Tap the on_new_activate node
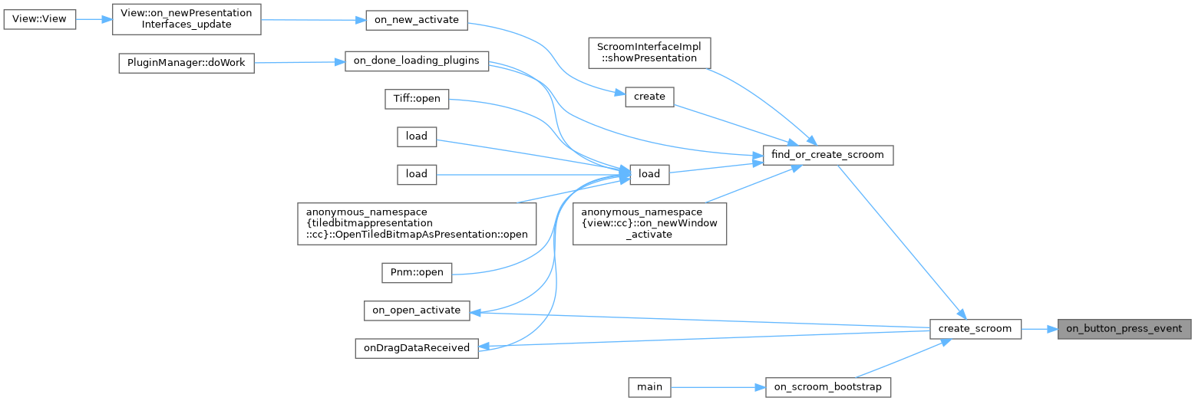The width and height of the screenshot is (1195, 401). pyautogui.click(x=416, y=20)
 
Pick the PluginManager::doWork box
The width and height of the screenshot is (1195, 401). pyautogui.click(x=186, y=63)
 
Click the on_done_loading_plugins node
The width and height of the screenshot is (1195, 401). pyautogui.click(x=417, y=61)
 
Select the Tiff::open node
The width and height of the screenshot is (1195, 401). pyautogui.click(x=417, y=99)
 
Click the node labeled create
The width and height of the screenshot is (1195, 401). pyautogui.click(x=649, y=97)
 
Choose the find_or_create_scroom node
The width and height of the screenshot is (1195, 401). pyautogui.click(x=828, y=155)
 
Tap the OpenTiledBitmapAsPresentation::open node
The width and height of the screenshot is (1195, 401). pyautogui.click(x=417, y=223)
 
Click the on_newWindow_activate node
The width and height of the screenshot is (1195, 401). pyautogui.click(x=649, y=223)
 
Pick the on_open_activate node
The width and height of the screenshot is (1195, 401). pyautogui.click(x=416, y=311)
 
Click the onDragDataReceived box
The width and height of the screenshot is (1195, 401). pyautogui.click(x=416, y=347)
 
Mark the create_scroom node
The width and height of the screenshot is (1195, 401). pyautogui.click(x=975, y=329)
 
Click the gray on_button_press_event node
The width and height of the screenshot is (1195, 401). pyautogui.click(x=1124, y=329)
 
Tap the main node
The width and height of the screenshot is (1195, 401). pyautogui.click(x=649, y=387)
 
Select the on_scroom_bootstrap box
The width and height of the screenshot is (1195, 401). pyautogui.click(x=828, y=387)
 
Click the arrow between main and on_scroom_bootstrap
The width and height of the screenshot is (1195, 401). pyautogui.click(x=718, y=387)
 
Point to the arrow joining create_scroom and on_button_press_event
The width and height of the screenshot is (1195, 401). pyautogui.click(x=1039, y=329)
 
